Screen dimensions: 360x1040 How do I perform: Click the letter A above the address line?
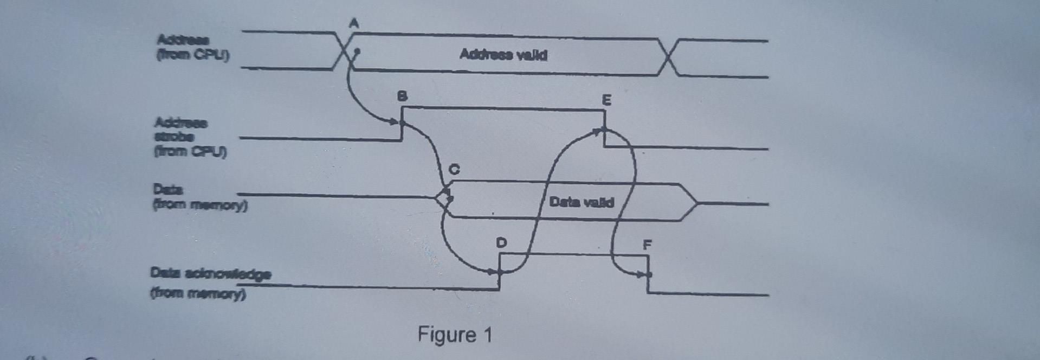354,23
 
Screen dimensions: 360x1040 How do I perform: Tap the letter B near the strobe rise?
402,97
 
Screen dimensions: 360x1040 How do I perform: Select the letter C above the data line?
454,170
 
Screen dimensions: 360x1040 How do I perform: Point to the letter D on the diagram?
501,242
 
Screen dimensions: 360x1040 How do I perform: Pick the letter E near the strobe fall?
606,100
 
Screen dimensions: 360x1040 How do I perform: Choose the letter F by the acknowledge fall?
647,245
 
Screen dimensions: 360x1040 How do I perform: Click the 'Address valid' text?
503,55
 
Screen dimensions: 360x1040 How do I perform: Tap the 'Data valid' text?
581,202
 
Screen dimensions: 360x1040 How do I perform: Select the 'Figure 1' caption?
454,335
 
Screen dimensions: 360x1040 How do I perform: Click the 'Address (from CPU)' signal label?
192,47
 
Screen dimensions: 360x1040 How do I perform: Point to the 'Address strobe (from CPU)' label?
189,137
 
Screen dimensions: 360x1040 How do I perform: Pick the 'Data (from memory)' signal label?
199,197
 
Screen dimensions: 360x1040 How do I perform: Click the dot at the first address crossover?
356,53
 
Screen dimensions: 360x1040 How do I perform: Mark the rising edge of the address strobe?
402,124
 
